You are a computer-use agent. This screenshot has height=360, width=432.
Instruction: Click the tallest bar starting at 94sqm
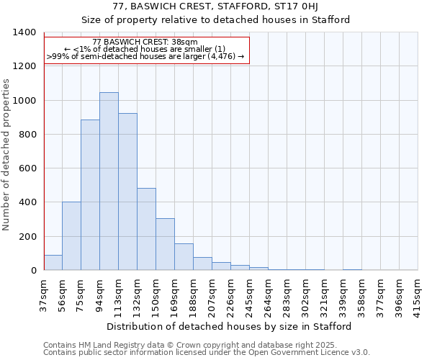tap(109, 181)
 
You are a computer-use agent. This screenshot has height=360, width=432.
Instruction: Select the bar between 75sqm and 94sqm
tap(90, 195)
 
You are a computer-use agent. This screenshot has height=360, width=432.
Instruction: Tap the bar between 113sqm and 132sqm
tap(127, 192)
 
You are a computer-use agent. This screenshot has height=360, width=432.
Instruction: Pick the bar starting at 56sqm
tap(71, 236)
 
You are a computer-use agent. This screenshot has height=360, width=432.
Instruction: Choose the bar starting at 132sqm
tap(146, 229)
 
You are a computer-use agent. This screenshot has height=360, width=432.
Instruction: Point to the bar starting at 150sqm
tap(165, 244)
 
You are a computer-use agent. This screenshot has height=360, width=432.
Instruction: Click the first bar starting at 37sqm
tap(53, 263)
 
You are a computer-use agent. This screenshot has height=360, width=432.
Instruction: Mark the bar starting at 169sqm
tap(184, 257)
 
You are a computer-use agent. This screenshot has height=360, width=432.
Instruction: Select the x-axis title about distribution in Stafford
tap(230, 326)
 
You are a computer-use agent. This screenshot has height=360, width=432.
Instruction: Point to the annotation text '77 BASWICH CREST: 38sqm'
tap(145, 42)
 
